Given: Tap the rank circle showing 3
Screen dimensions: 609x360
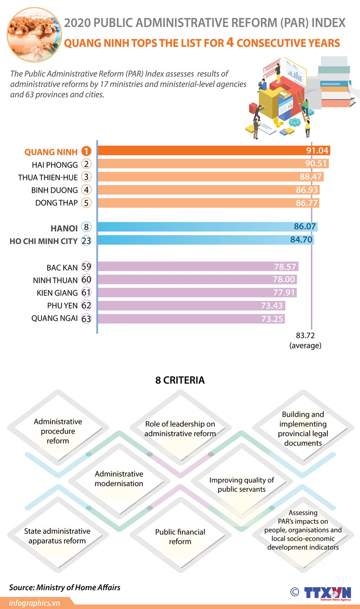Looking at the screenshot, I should pyautogui.click(x=86, y=177).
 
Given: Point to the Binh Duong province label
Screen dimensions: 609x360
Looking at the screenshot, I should pyautogui.click(x=55, y=190).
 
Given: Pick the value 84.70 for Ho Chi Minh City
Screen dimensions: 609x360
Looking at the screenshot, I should pyautogui.click(x=301, y=240).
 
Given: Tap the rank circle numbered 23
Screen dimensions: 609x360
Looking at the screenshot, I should pyautogui.click(x=86, y=241).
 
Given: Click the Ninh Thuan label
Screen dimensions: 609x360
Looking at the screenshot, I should pyautogui.click(x=55, y=280).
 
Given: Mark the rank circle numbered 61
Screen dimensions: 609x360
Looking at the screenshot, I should pyautogui.click(x=86, y=293).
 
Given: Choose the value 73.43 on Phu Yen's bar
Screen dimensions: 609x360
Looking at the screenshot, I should pyautogui.click(x=273, y=306).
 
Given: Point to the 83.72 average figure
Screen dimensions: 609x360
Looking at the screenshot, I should pyautogui.click(x=305, y=335).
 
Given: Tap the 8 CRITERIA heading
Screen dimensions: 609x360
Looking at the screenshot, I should pyautogui.click(x=180, y=380).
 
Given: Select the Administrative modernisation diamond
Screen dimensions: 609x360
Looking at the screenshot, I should pyautogui.click(x=119, y=478).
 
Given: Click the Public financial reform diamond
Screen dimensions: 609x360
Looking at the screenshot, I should pyautogui.click(x=180, y=537).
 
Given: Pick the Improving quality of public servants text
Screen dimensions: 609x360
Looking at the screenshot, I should pyautogui.click(x=241, y=485).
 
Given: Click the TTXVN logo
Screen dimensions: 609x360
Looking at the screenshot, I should pyautogui.click(x=327, y=593).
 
